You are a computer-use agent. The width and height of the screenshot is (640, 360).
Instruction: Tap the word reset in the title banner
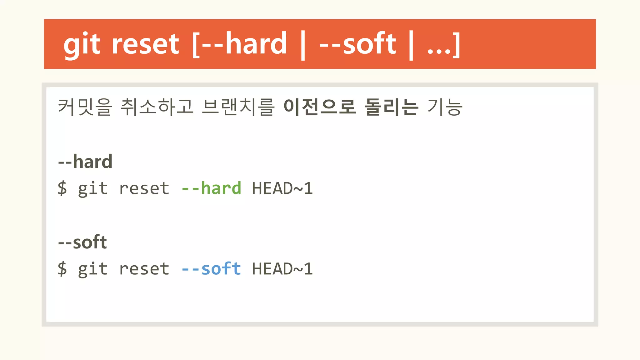pyautogui.click(x=145, y=44)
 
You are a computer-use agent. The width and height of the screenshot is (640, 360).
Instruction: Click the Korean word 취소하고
pyautogui.click(x=157, y=107)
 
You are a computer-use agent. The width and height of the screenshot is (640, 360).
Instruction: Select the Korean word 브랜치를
pyautogui.click(x=238, y=107)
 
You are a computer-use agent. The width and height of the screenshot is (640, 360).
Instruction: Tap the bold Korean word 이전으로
pyautogui.click(x=319, y=107)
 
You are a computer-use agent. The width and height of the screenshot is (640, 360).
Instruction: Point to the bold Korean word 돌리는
pyautogui.click(x=391, y=107)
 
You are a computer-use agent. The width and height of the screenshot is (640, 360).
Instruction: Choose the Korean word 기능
pyautogui.click(x=445, y=107)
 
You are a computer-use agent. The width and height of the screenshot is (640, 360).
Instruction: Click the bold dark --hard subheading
pyautogui.click(x=85, y=162)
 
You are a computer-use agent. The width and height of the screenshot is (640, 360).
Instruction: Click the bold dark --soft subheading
pyautogui.click(x=82, y=242)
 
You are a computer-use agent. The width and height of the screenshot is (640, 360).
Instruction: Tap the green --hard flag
pyautogui.click(x=211, y=188)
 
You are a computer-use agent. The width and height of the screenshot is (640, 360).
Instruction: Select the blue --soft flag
pyautogui.click(x=211, y=269)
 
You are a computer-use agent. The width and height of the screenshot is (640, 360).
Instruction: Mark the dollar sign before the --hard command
pyautogui.click(x=62, y=188)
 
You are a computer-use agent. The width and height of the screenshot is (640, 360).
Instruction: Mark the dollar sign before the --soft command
pyautogui.click(x=62, y=269)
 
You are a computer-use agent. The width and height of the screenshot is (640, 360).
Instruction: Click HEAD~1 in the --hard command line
pyautogui.click(x=282, y=188)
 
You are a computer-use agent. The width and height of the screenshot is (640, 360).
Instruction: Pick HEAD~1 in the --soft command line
pyautogui.click(x=282, y=269)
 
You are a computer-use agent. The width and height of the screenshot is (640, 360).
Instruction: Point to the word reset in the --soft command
pyautogui.click(x=144, y=269)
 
